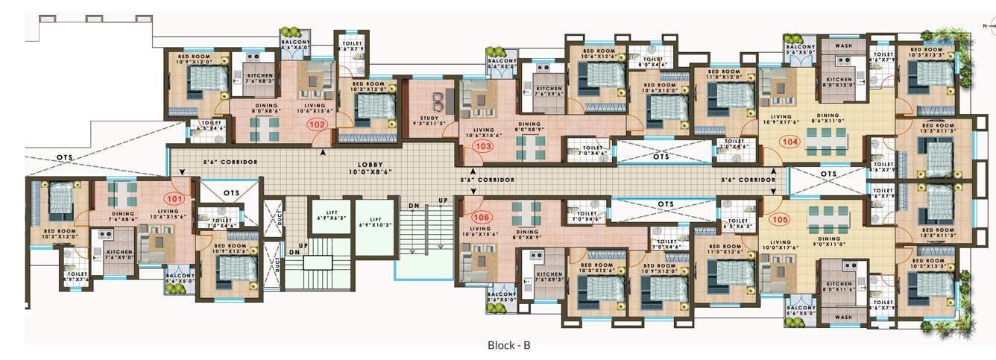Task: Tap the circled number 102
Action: [x=318, y=125]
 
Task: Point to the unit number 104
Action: [x=788, y=141]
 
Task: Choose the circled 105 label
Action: [x=781, y=220]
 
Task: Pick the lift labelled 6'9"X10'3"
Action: [x=375, y=223]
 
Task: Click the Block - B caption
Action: [x=508, y=345]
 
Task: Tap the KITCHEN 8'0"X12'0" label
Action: [x=839, y=82]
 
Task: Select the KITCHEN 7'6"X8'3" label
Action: [x=260, y=78]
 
